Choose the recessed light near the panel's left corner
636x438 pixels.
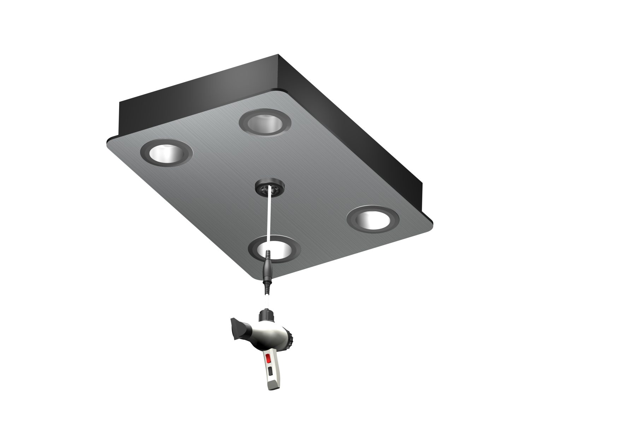point(166,153)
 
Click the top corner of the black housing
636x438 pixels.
point(278,56)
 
